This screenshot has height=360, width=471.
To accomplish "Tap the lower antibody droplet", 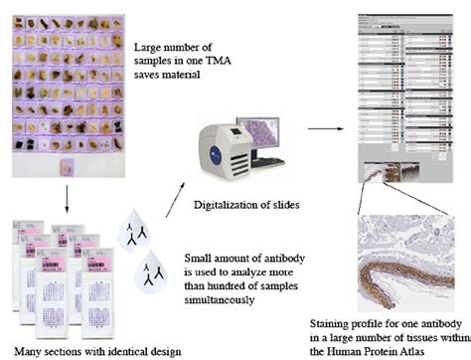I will [149, 270].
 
